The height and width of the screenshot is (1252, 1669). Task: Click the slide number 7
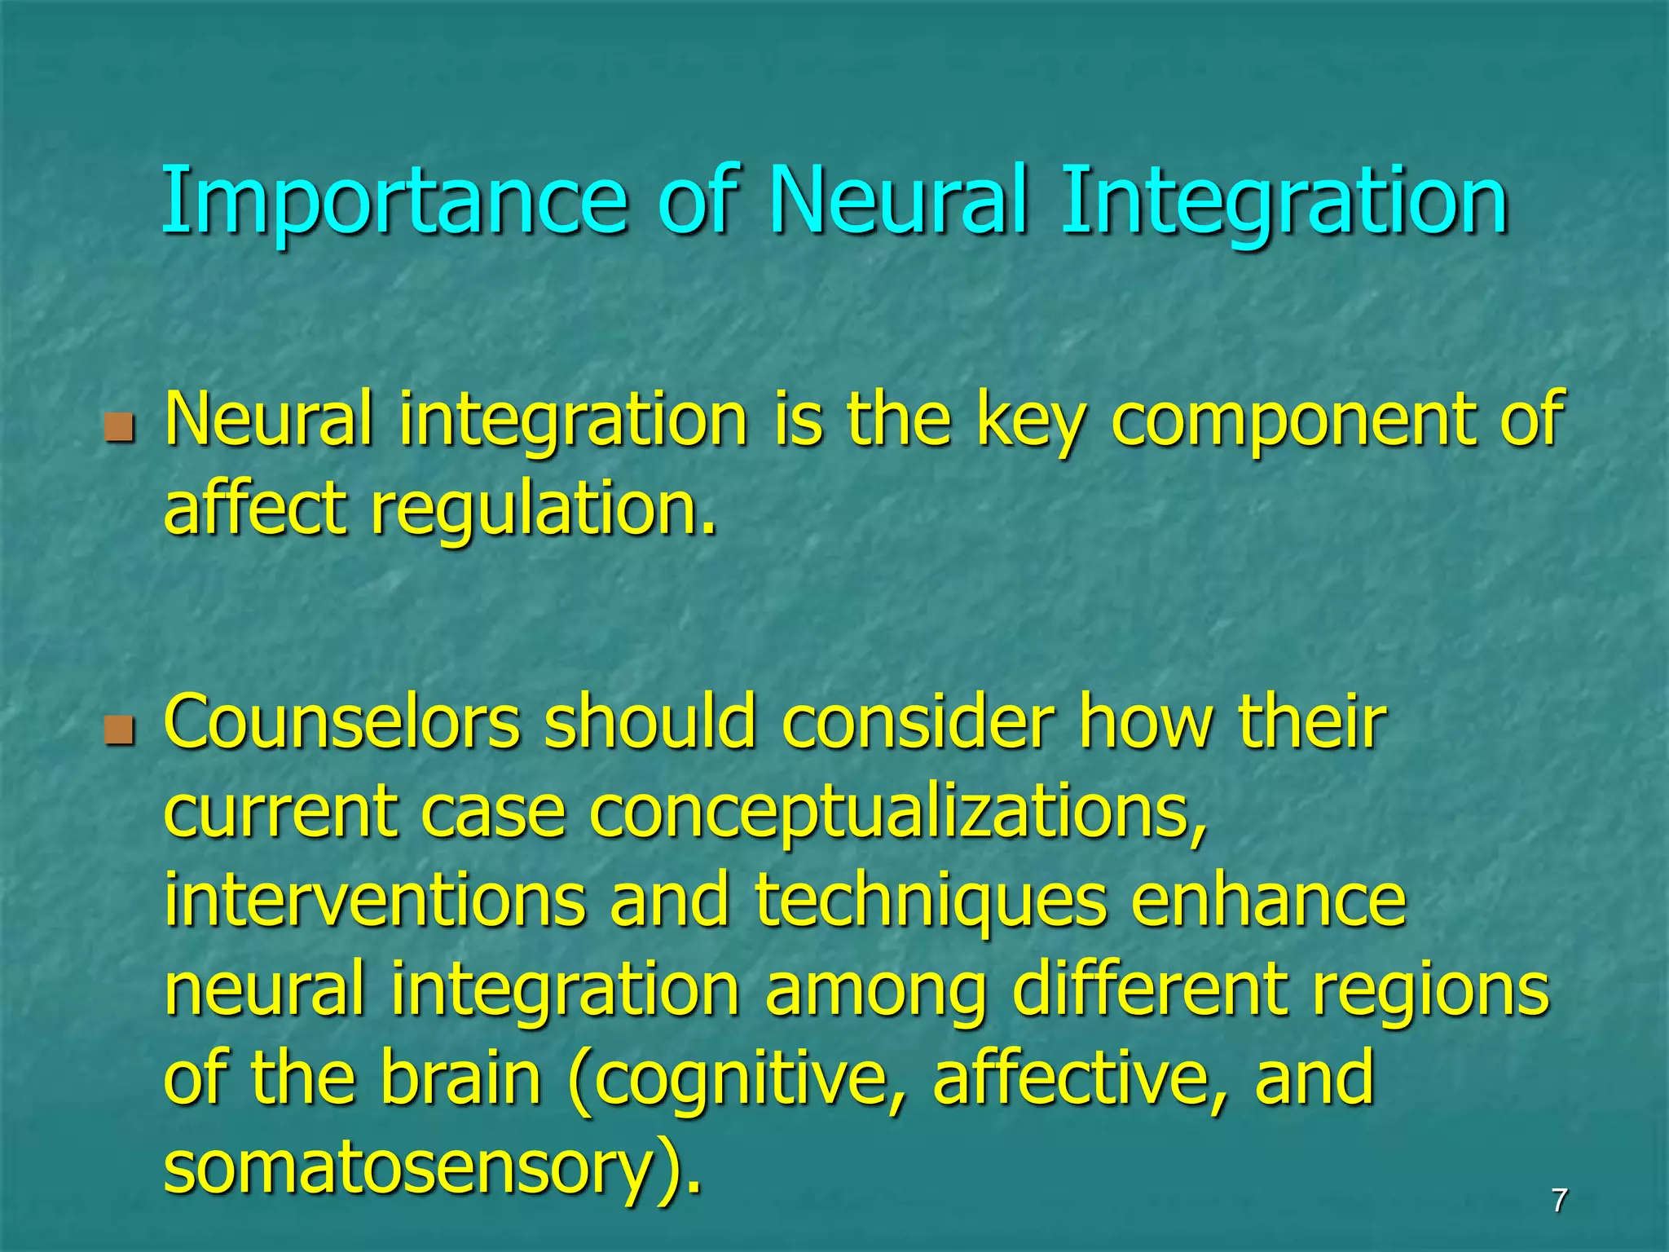(1558, 1201)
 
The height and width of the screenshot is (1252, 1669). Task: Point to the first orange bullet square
(119, 426)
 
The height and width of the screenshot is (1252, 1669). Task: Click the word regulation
(544, 512)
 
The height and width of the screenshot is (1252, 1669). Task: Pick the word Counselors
(341, 723)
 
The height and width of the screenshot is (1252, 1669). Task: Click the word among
(875, 993)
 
